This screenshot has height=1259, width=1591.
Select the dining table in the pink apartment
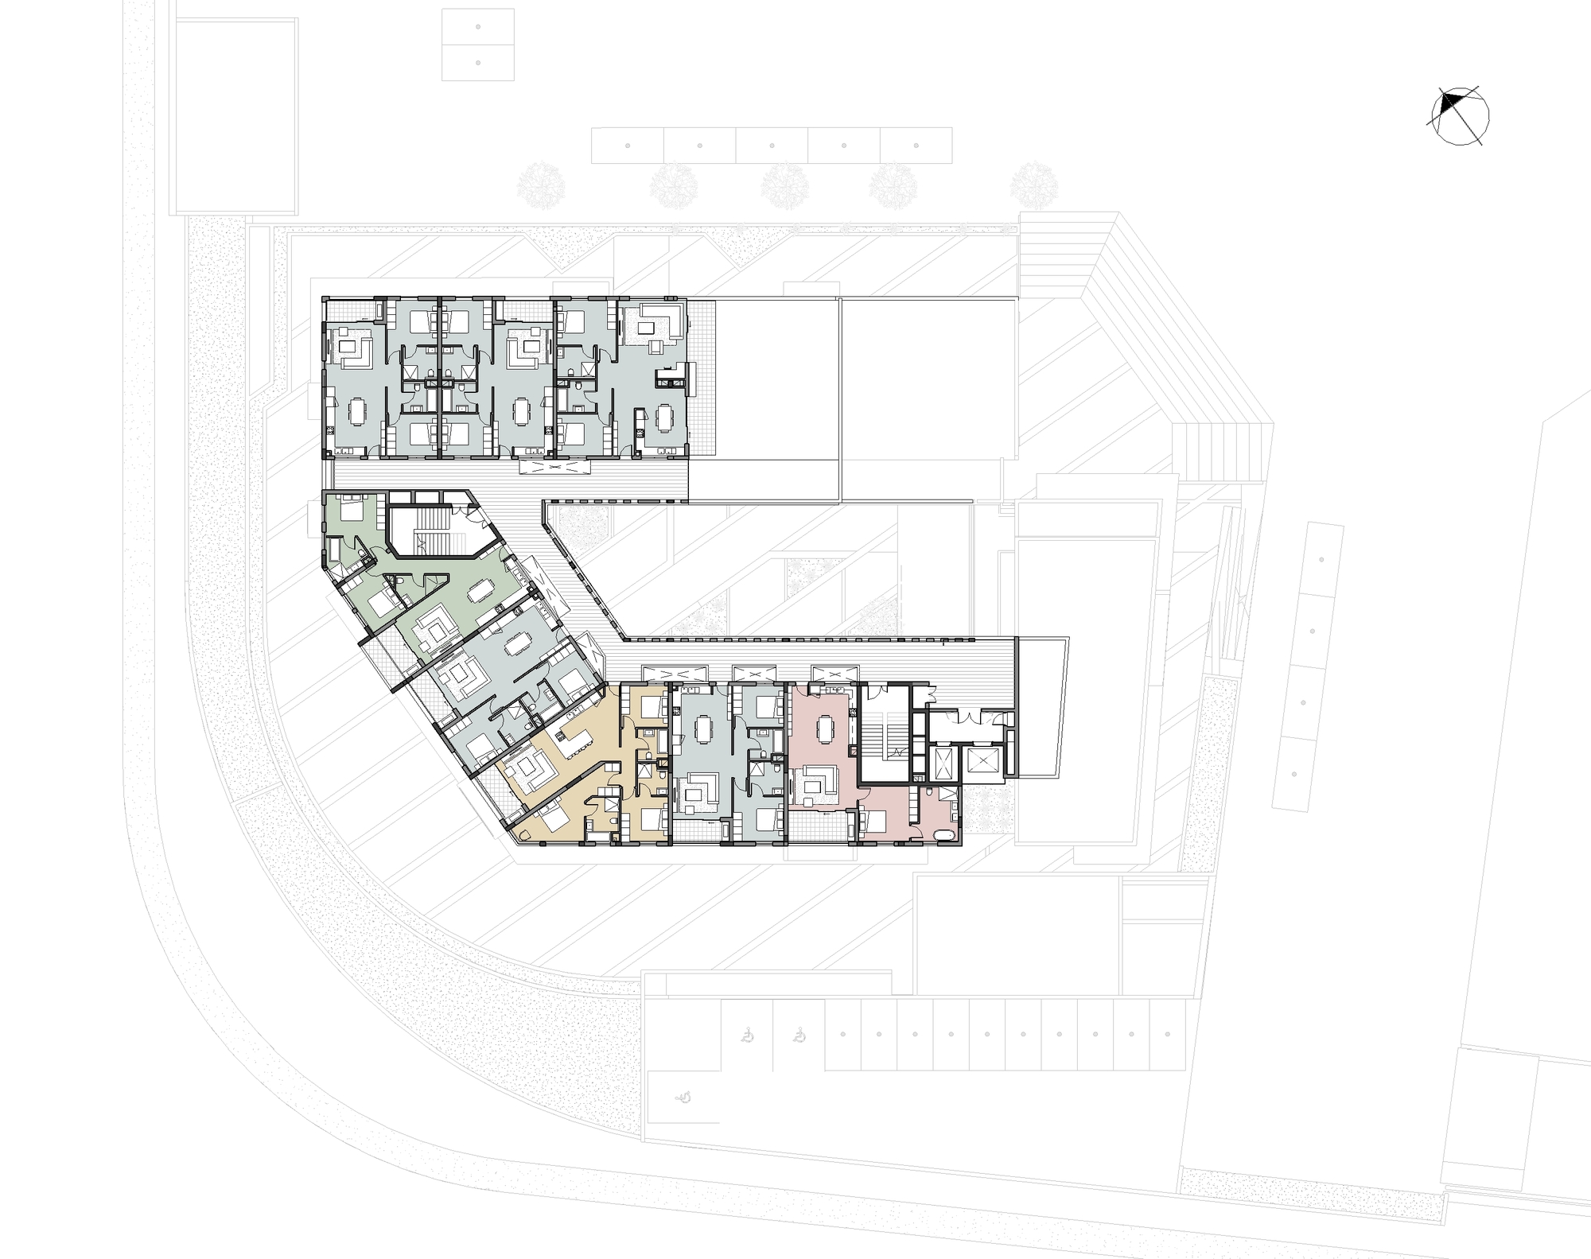pos(826,725)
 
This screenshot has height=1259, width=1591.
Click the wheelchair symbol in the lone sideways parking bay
pos(683,1098)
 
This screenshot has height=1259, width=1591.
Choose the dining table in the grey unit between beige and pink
pos(702,728)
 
